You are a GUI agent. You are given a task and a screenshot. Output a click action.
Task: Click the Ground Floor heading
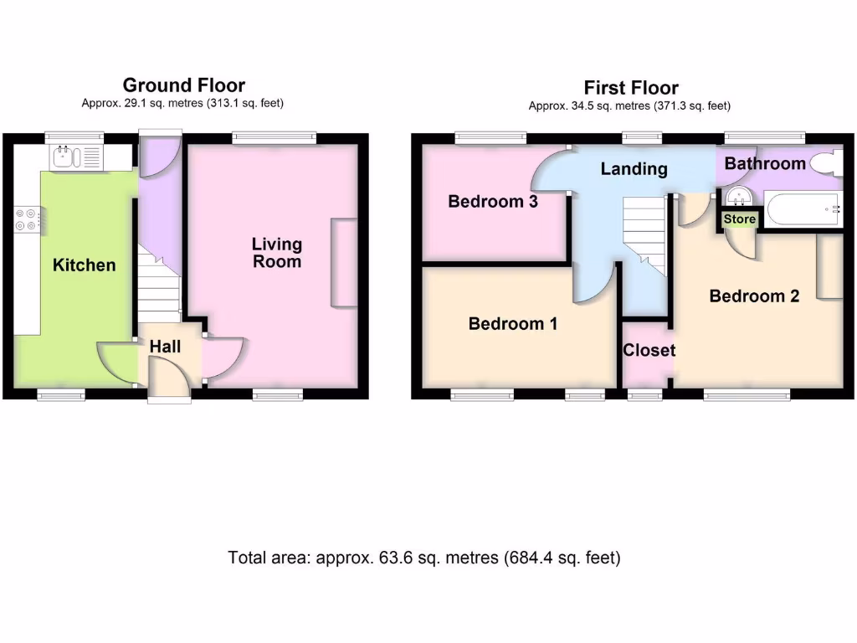pos(183,85)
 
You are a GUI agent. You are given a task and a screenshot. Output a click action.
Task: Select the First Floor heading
pos(631,88)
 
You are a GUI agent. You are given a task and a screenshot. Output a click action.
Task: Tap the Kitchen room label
pos(85,265)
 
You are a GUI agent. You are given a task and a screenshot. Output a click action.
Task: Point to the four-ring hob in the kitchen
pos(25,219)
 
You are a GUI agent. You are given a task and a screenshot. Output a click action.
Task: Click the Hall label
pos(165,346)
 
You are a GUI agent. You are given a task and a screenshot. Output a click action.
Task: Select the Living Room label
pos(277,252)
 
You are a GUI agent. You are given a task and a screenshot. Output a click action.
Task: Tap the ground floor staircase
pos(159,285)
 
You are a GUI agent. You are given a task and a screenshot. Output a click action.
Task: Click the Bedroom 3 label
pos(493,202)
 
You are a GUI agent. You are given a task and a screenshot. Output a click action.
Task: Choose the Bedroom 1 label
pos(513,324)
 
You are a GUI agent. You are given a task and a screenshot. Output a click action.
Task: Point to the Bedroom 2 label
pos(754,296)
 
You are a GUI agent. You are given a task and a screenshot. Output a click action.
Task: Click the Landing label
pos(634,169)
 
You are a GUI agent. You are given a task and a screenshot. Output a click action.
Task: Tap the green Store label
pos(740,219)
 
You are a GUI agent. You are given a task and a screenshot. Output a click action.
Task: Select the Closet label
pos(649,350)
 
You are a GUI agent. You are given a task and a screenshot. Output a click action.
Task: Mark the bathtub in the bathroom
pos(803,208)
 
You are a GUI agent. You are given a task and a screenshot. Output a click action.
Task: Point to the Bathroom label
pos(765,163)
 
